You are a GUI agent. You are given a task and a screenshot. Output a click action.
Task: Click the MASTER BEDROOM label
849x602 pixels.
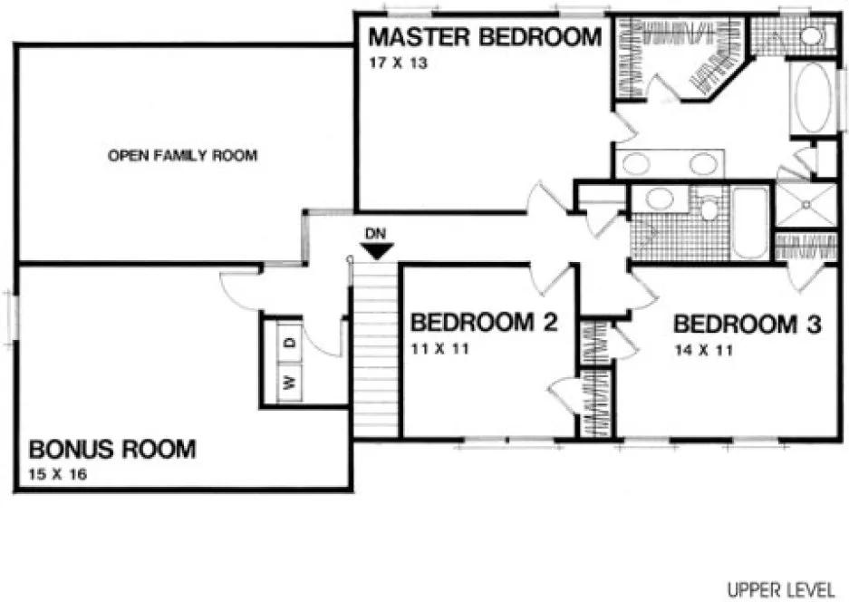484,38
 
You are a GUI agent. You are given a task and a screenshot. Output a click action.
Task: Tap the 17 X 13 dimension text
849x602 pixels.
396,64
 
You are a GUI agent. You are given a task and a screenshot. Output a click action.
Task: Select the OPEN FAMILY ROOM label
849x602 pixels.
182,156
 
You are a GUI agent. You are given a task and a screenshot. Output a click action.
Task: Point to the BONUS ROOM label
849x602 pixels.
112,449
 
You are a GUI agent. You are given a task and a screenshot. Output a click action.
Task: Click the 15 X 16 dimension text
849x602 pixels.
59,474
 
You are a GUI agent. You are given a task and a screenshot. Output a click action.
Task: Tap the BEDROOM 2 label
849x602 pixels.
483,323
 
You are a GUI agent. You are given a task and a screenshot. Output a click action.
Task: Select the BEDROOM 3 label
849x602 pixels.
747,324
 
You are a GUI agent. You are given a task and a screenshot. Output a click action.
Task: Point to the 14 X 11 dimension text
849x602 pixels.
704,349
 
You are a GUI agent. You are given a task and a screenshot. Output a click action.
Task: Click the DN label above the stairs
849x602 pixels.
375,233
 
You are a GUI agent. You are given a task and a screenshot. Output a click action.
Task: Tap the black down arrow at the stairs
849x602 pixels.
375,251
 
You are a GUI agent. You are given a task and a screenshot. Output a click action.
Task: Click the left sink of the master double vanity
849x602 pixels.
638,164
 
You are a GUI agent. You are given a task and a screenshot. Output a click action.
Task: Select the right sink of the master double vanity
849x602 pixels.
702,164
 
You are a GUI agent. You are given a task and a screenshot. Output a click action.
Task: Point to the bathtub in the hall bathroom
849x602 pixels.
749,222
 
